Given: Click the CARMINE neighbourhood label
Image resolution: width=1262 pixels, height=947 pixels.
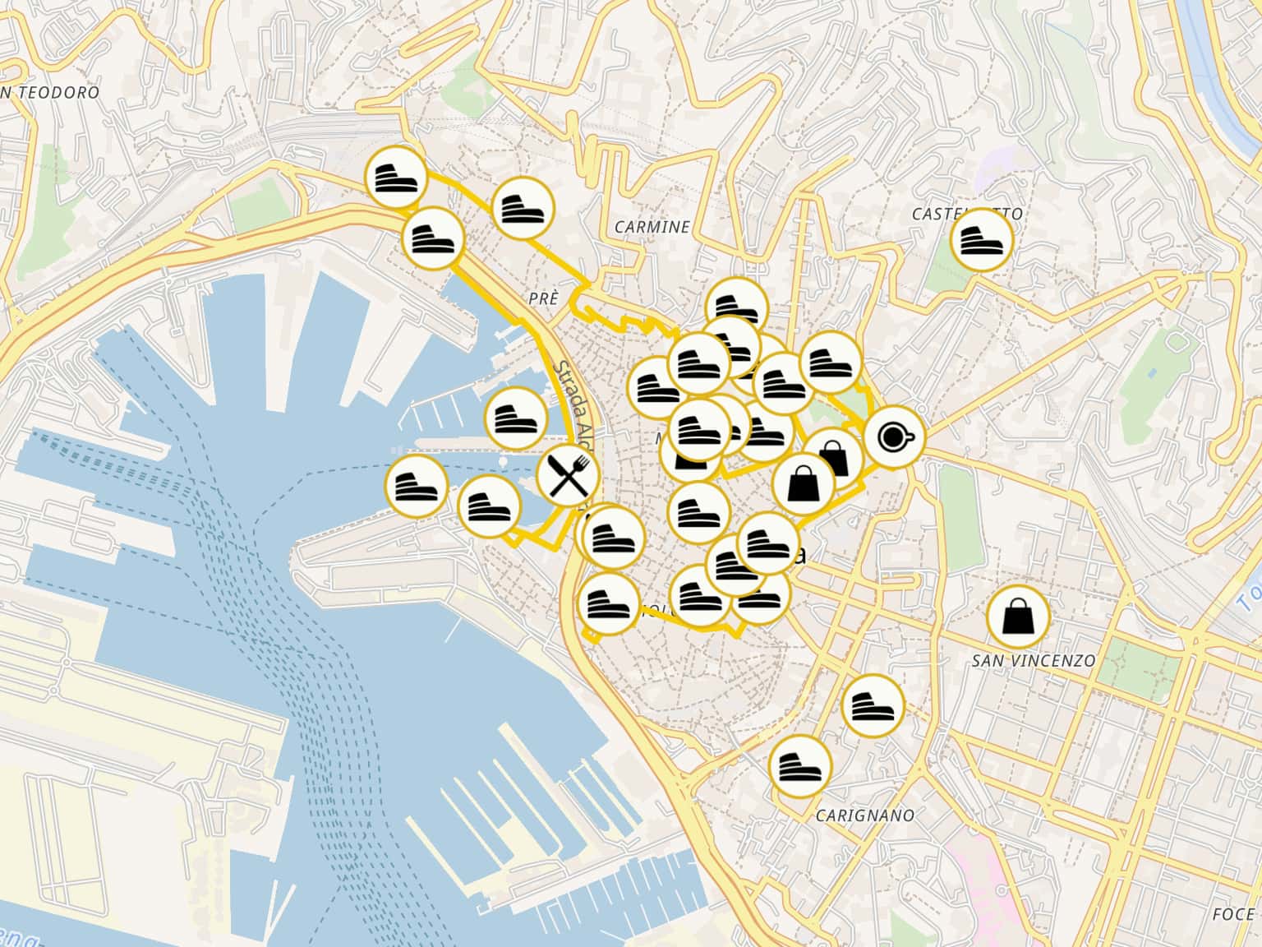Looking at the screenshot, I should coord(652,227).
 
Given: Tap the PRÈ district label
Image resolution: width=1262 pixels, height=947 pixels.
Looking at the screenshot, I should coord(544,299).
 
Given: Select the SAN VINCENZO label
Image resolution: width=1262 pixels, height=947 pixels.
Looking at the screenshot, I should coord(1034,661).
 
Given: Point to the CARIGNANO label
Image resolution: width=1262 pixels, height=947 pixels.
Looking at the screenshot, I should coord(865,815).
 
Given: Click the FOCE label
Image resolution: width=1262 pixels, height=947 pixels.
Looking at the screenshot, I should coord(1232,914).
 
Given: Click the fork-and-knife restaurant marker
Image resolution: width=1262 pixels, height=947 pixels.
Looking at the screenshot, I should coord(568,478).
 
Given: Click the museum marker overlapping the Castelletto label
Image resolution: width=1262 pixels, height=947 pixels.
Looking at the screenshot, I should coord(981,241).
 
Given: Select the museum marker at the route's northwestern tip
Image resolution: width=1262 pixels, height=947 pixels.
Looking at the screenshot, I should coord(397,176).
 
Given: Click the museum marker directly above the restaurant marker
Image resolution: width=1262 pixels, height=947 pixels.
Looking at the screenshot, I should coord(517,418).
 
